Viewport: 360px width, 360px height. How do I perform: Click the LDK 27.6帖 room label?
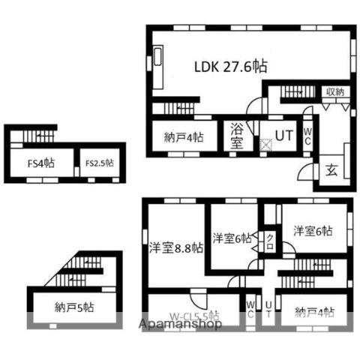pyautogui.click(x=231, y=66)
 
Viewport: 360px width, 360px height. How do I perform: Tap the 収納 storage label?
pyautogui.click(x=334, y=91)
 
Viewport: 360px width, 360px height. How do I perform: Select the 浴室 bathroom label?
pyautogui.click(x=237, y=136)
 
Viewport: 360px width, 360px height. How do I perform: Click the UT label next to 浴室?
pyautogui.click(x=283, y=136)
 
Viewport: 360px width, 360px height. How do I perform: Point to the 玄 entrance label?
pyautogui.click(x=331, y=170)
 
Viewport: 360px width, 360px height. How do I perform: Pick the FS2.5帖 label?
pyautogui.click(x=98, y=162)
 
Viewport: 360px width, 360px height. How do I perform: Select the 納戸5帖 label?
pyautogui.click(x=74, y=306)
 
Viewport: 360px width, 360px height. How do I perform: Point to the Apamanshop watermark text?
pyautogui.click(x=181, y=324)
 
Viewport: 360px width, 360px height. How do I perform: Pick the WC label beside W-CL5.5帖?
pyautogui.click(x=250, y=309)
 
